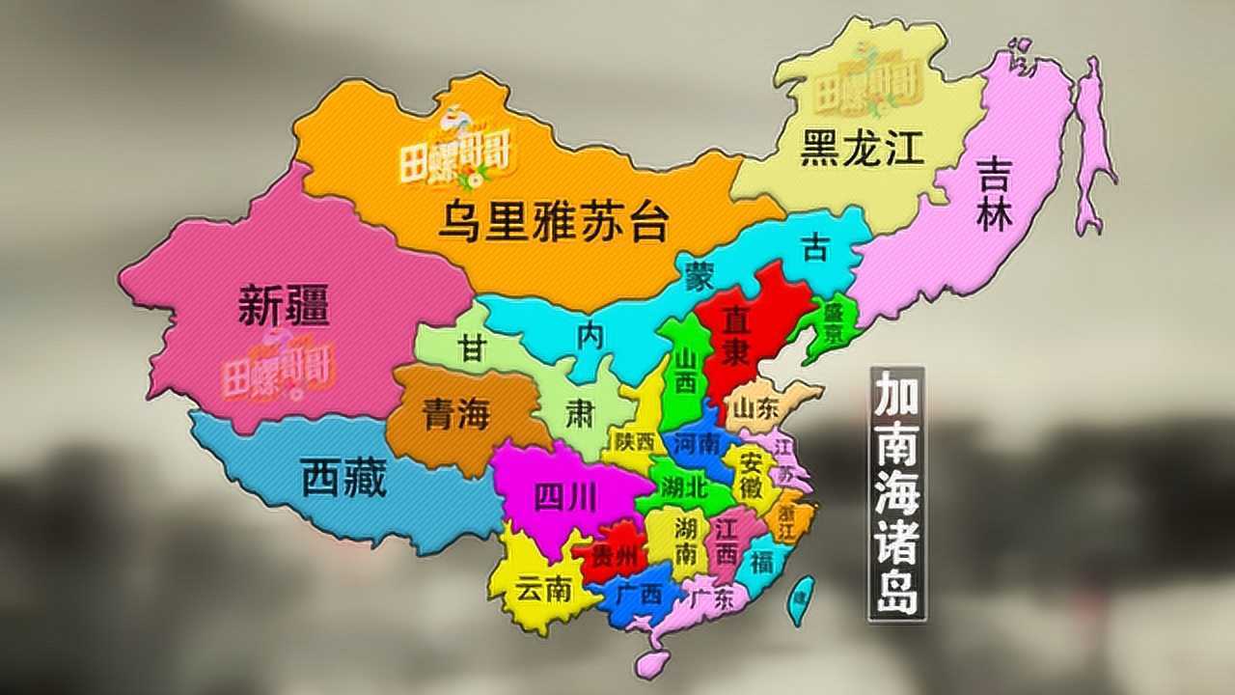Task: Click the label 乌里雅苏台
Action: (x=553, y=223)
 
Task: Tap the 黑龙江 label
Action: (x=862, y=149)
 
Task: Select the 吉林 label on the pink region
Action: (x=995, y=195)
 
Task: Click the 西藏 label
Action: (x=343, y=477)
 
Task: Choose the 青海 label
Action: (x=455, y=416)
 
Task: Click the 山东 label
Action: (x=755, y=409)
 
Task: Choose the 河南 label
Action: (x=696, y=445)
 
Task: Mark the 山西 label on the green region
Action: (x=684, y=370)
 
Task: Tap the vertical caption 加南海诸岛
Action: (x=896, y=491)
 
